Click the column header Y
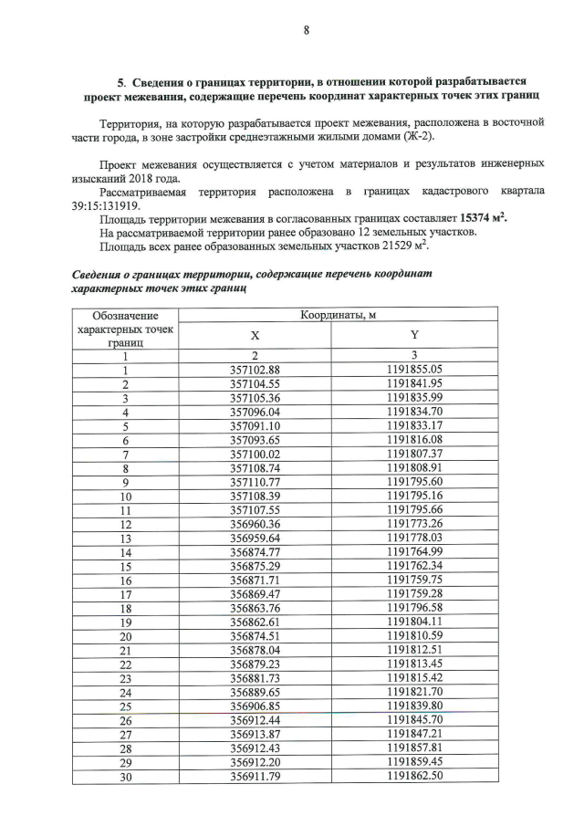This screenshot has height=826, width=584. [x=413, y=335]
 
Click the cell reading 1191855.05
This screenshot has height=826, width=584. [x=413, y=370]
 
